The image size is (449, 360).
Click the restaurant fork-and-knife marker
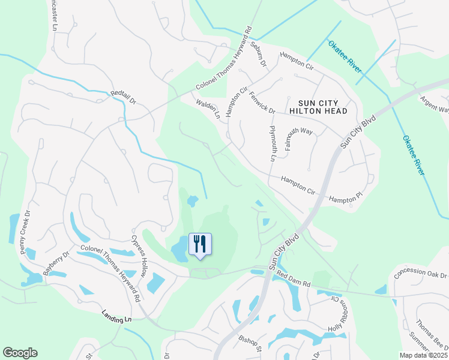click(x=200, y=244)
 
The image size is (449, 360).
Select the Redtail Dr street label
click(x=124, y=98)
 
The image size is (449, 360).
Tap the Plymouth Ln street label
click(x=272, y=143)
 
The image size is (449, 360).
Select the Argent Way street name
click(x=435, y=104)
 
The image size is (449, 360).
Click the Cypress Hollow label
click(x=143, y=254)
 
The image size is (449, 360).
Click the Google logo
click(x=20, y=353)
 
